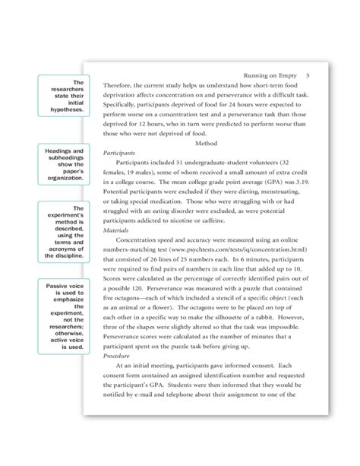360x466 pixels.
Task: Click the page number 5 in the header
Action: point(308,76)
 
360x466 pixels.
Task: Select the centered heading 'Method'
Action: point(207,141)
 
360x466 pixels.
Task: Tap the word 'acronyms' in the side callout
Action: point(66,248)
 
